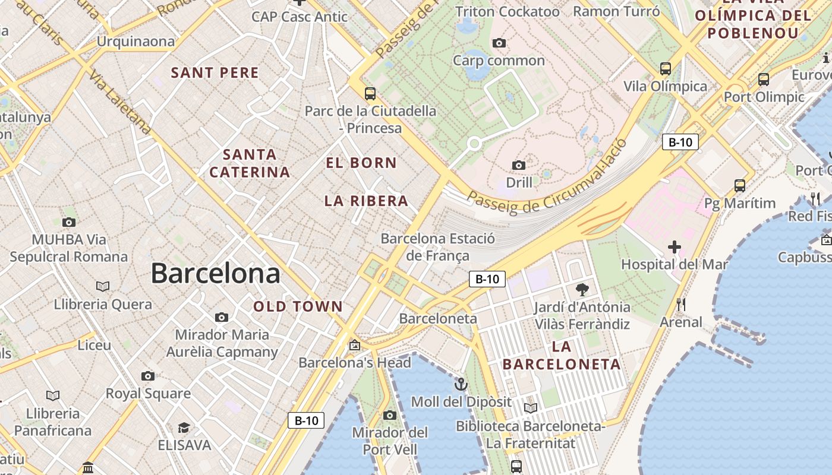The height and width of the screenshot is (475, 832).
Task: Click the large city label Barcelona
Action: (215, 273)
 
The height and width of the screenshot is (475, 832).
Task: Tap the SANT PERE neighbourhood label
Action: (215, 73)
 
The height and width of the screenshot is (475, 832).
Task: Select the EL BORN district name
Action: (361, 163)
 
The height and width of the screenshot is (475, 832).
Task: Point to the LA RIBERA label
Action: (366, 201)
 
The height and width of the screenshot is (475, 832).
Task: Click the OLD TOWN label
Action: (298, 306)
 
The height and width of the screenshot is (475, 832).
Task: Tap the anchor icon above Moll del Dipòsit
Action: (461, 384)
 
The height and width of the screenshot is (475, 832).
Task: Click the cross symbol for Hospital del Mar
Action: (674, 246)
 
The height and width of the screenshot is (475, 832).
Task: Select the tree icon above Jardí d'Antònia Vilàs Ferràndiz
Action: (582, 290)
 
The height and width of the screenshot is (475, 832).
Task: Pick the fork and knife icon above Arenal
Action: (681, 305)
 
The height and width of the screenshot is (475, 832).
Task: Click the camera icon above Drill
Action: (519, 165)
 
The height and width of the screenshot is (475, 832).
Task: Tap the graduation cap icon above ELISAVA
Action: (184, 427)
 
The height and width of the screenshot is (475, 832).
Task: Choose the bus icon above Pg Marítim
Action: (739, 185)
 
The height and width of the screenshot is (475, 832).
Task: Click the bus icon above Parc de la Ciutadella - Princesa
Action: (370, 93)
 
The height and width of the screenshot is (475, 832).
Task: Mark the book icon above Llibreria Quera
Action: (103, 286)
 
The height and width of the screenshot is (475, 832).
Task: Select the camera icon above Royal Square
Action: (148, 376)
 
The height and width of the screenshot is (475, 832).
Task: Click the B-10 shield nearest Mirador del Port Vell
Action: (306, 420)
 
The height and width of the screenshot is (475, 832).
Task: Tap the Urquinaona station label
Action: (135, 42)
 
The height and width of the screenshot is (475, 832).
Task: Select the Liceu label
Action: (94, 345)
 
